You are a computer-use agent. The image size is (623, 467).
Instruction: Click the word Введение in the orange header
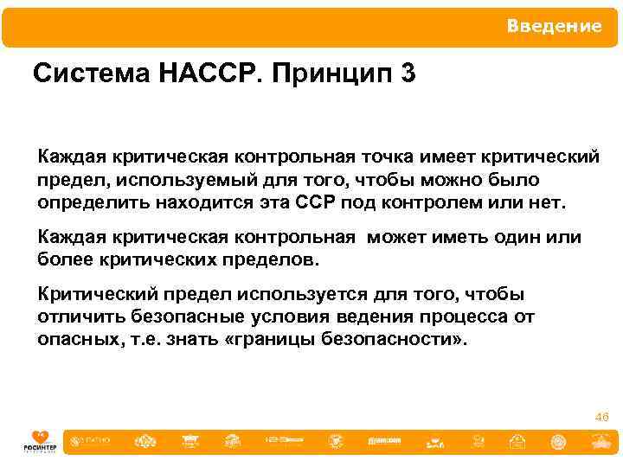tap(554, 27)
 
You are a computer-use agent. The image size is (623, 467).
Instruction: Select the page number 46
tap(601, 418)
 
